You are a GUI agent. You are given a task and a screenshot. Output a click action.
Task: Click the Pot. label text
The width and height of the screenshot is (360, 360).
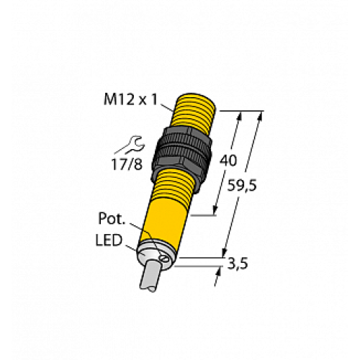112,217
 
